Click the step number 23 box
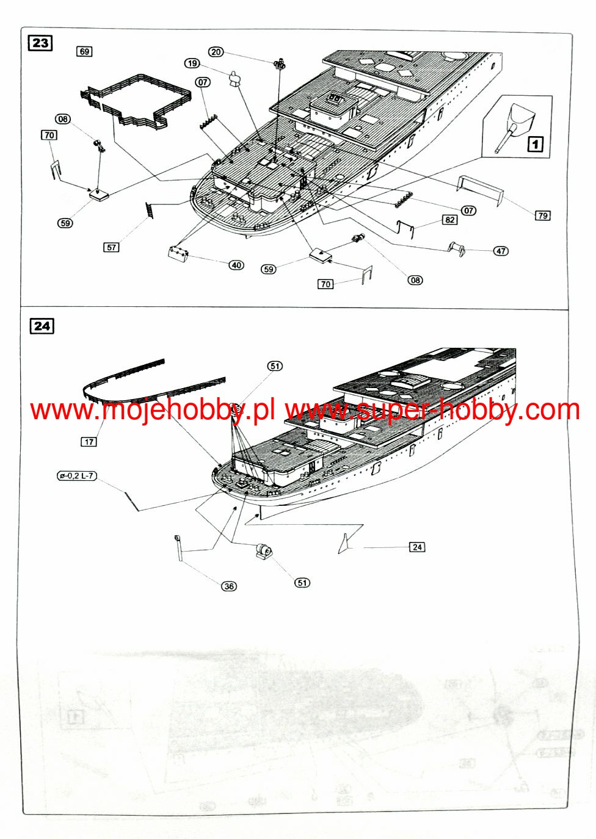(40, 43)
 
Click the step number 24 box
(42, 326)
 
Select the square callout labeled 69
(84, 51)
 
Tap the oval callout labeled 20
(216, 52)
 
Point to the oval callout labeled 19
(192, 63)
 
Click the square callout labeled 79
(542, 215)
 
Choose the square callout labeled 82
(450, 220)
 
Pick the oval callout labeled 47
(501, 251)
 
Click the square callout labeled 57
(111, 247)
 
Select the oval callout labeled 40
(236, 265)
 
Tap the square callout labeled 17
(89, 442)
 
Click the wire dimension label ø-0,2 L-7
(77, 476)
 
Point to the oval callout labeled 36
(229, 586)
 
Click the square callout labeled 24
(417, 547)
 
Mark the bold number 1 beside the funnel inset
(535, 144)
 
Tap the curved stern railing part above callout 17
(153, 381)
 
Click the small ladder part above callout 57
(148, 211)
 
